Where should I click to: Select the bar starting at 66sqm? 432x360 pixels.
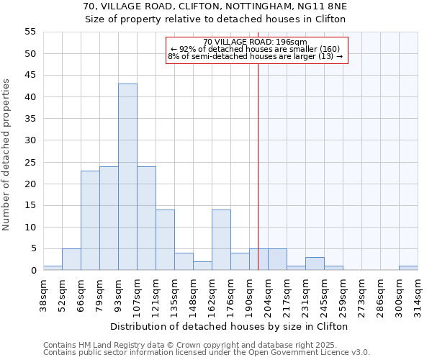coord(90,220)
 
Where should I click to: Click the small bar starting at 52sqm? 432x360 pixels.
coord(71,259)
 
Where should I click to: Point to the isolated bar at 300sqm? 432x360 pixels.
coord(408,268)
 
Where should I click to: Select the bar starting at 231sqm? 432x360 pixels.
coord(315,264)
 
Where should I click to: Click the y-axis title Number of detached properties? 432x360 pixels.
coord(6,155)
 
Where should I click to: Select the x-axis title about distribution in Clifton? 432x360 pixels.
coord(230,326)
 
